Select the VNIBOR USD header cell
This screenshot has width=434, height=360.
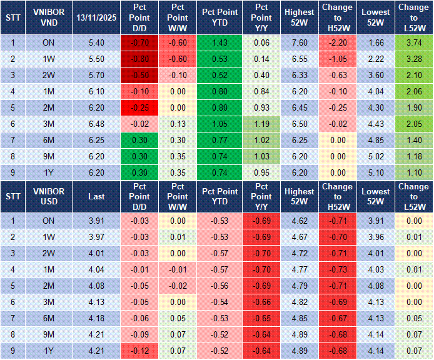48,196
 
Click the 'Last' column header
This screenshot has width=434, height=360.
96,196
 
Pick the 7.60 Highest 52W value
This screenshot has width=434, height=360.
299,42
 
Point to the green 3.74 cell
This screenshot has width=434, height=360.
413,42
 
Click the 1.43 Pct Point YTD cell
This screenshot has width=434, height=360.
219,42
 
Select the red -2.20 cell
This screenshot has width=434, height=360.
338,42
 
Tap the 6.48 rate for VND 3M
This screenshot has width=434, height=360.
96,124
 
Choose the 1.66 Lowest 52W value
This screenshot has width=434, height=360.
376,42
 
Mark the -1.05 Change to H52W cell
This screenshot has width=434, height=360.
338,59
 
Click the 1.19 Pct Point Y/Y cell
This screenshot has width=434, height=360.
262,124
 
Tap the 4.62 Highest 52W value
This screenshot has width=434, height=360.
299,220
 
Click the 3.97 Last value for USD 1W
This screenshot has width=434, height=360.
96,236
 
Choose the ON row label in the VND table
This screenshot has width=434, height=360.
48,42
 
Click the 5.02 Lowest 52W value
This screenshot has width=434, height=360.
376,156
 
